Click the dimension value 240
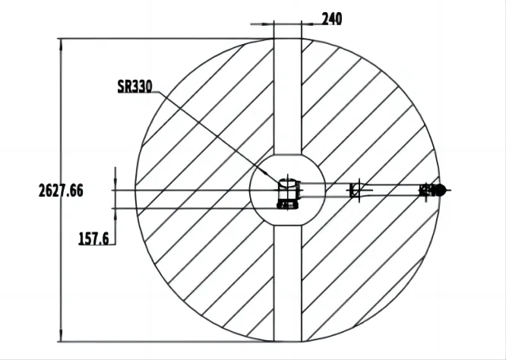pos(331,19)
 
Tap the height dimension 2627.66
pos(61,191)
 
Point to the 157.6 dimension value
pos(95,238)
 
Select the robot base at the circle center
pos(288,193)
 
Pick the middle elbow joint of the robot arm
pos(356,190)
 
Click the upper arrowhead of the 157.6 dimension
pos(113,185)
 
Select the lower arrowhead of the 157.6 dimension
pos(113,213)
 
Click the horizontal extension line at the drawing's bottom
pos(167,342)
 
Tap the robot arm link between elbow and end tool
pos(391,190)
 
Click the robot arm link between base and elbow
pos(327,190)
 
